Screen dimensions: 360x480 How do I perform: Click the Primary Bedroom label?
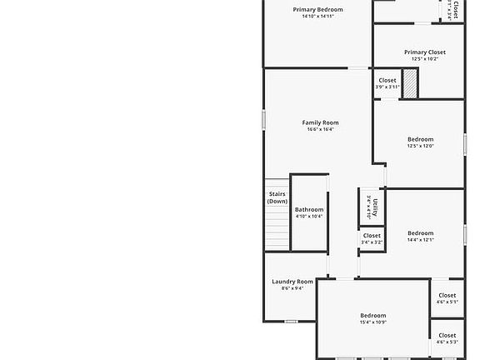(317, 10)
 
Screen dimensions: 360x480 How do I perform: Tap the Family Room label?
(320, 122)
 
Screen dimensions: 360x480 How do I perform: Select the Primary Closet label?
(424, 52)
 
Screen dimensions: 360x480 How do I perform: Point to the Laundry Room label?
(292, 282)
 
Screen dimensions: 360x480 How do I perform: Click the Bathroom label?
(308, 209)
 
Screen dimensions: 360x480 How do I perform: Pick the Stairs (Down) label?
(277, 197)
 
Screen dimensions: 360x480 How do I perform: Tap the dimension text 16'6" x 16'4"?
(320, 129)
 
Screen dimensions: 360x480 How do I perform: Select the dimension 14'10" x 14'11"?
(317, 17)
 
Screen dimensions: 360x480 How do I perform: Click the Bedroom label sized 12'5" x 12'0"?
(420, 139)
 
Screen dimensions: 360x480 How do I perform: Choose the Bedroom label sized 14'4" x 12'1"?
(420, 233)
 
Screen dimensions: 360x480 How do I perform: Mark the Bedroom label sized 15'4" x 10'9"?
(372, 315)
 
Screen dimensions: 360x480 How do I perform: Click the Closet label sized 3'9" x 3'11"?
(387, 80)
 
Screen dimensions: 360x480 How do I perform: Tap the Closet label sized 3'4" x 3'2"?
(372, 236)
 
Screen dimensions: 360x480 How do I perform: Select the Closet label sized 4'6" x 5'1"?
(447, 295)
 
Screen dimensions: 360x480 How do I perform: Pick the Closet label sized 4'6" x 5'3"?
(447, 335)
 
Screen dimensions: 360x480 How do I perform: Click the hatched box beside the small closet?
(410, 85)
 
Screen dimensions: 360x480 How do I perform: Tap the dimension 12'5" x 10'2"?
(424, 58)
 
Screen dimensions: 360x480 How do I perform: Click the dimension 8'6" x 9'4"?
(292, 288)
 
